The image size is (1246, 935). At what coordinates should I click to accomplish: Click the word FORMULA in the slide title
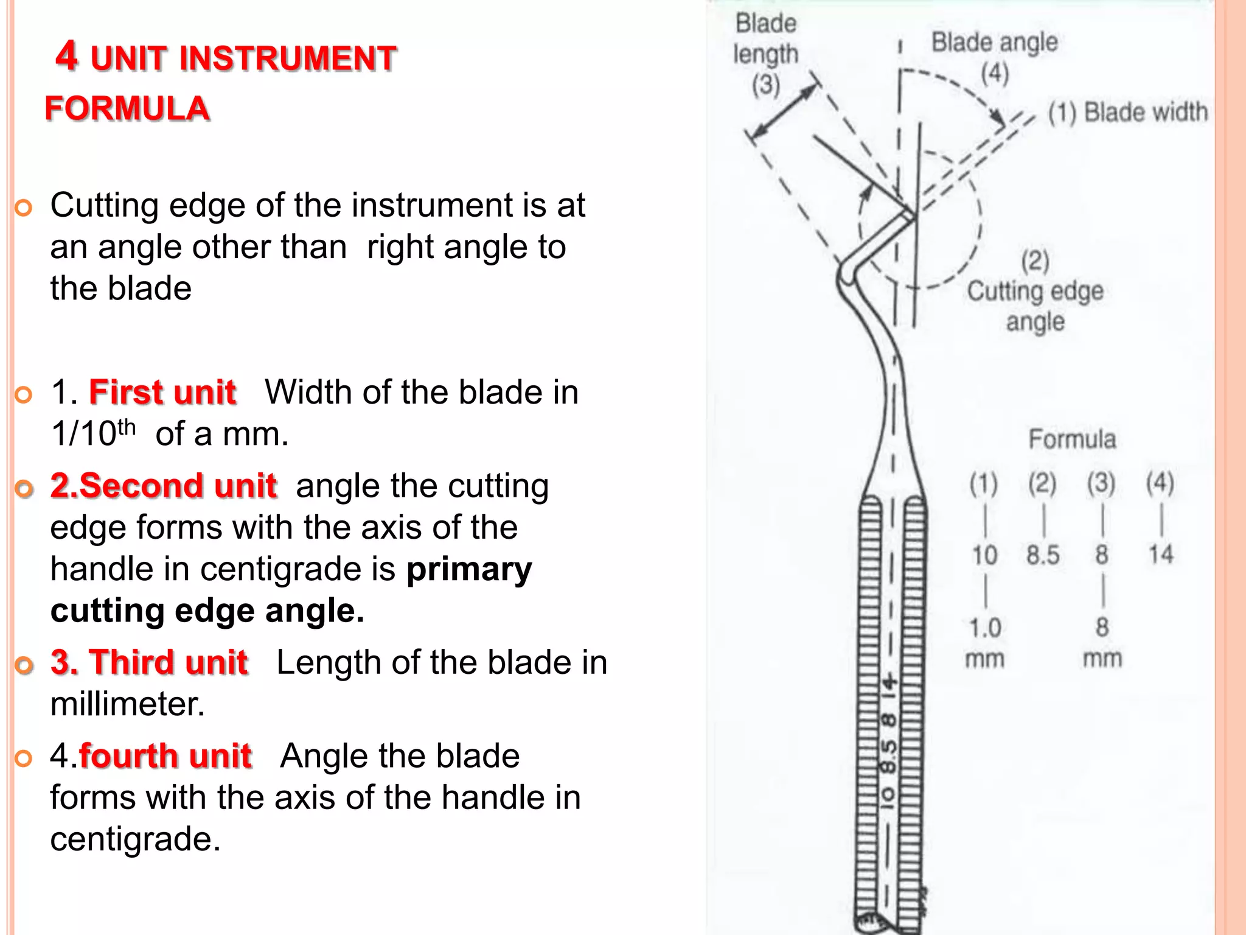click(127, 109)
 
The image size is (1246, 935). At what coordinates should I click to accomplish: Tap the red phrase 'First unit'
click(162, 392)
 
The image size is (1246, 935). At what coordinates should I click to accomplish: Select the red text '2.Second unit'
click(164, 486)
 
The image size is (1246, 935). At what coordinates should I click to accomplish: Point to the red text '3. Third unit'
click(150, 662)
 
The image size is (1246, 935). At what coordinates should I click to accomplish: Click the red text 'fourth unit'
click(165, 756)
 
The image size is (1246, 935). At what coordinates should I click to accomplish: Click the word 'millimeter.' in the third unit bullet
click(128, 704)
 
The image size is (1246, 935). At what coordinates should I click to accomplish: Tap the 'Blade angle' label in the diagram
click(995, 43)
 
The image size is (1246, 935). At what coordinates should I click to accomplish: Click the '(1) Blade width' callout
click(1127, 113)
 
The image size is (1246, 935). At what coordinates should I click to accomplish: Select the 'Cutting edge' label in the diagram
click(1035, 291)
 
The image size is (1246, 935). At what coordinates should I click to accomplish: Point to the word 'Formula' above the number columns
click(1072, 439)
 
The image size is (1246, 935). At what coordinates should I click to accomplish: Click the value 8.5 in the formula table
click(1043, 555)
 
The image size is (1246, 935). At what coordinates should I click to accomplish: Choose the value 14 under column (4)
click(1160, 555)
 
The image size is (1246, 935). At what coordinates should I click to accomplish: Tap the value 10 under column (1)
click(984, 555)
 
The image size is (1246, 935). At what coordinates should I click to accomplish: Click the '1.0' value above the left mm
click(984, 628)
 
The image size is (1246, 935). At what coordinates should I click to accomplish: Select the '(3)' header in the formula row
click(1101, 483)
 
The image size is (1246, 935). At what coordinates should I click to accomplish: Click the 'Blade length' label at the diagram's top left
click(765, 39)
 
